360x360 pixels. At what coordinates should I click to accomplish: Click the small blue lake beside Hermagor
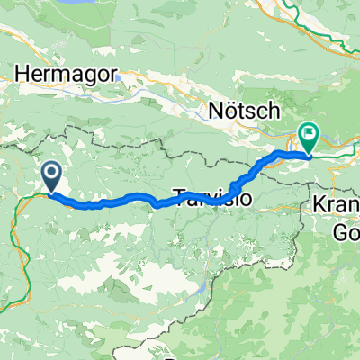pos(120,77)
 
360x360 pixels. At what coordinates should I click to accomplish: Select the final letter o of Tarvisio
pos(246,196)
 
